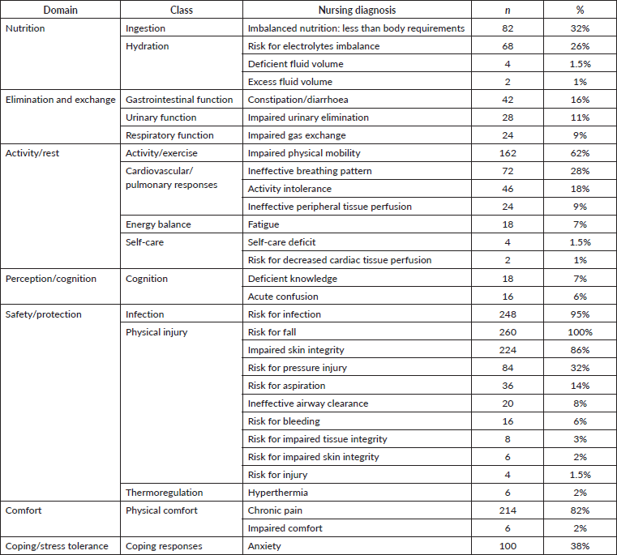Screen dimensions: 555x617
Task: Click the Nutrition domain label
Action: tap(25, 28)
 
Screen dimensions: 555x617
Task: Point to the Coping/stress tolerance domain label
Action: tap(57, 546)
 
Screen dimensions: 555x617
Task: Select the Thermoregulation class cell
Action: tap(164, 493)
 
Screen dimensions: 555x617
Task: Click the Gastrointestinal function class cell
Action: tap(179, 100)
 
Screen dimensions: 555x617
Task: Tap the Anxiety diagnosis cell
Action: tap(264, 546)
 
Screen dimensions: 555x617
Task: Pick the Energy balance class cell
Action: tap(157, 224)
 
